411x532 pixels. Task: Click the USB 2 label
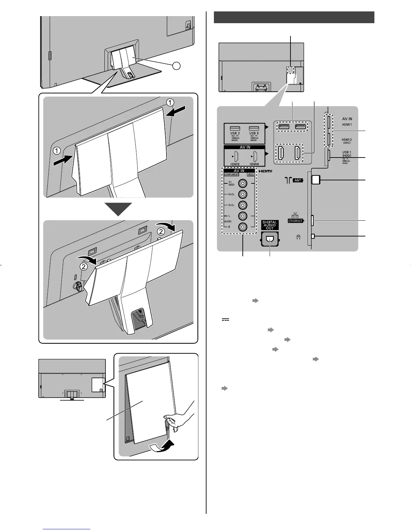[x=235, y=133]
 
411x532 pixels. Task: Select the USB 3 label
[x=254, y=133]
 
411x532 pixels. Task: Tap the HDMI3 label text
[x=235, y=164]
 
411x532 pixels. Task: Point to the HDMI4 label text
[x=254, y=164]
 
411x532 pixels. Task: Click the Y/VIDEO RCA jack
[x=242, y=184]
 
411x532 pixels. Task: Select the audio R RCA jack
[x=242, y=227]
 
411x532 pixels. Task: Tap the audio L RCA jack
[x=242, y=216]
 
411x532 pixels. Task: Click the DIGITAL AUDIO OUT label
[x=270, y=225]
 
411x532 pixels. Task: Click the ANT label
[x=298, y=180]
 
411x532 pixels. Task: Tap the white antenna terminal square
[x=316, y=180]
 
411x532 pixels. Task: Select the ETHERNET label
[x=295, y=221]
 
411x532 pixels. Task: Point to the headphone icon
[x=298, y=237]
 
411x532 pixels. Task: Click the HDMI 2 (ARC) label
[x=347, y=141]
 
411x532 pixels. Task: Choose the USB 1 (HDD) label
[x=347, y=154]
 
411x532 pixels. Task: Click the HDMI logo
[x=265, y=171]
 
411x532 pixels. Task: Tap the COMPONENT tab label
[x=232, y=175]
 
